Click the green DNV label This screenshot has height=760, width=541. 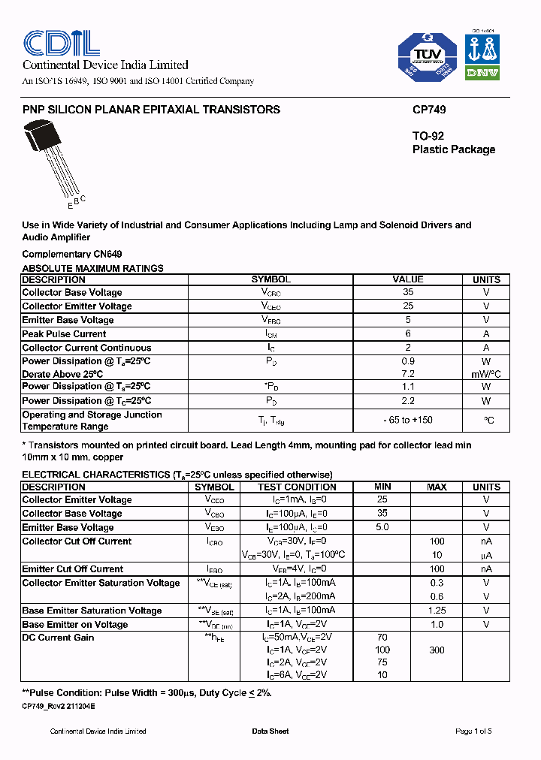pos(482,72)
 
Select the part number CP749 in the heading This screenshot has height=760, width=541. pos(429,110)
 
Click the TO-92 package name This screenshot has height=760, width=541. pos(428,136)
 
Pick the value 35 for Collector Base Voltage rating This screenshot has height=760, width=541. pos(408,292)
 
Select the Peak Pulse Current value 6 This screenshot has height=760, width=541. pos(408,333)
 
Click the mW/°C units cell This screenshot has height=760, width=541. pos(486,374)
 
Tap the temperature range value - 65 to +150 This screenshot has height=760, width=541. pos(408,420)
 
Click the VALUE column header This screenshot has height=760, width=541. pos(408,279)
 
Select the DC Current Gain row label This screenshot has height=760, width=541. pos(59,638)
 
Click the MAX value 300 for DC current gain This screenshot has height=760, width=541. pos(437,650)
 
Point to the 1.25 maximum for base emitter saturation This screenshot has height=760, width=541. pos(437,611)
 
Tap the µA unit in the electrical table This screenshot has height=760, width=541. pos(486,555)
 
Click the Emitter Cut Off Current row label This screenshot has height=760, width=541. pos(73,568)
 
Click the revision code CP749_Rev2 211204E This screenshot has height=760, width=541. pos(59,707)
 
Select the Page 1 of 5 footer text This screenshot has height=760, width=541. pos(473,731)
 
